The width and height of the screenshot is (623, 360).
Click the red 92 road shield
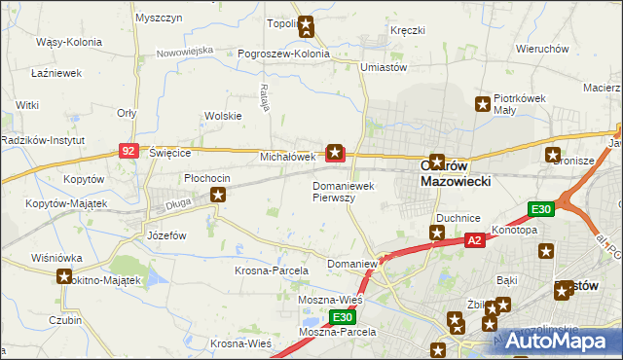(128, 151)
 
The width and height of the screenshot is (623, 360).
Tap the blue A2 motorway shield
(474, 240)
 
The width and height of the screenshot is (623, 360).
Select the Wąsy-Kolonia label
(63, 43)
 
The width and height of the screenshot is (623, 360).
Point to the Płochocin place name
(207, 178)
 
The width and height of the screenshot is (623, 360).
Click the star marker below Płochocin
(219, 197)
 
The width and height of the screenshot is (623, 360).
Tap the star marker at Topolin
(306, 26)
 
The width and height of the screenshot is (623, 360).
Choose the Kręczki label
(408, 30)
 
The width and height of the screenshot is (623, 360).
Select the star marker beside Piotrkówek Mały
(481, 104)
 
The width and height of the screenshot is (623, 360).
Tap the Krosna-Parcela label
(272, 270)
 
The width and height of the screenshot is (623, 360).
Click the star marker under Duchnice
(437, 234)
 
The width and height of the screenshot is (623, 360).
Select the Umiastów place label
(383, 66)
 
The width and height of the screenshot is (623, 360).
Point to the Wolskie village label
(222, 116)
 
